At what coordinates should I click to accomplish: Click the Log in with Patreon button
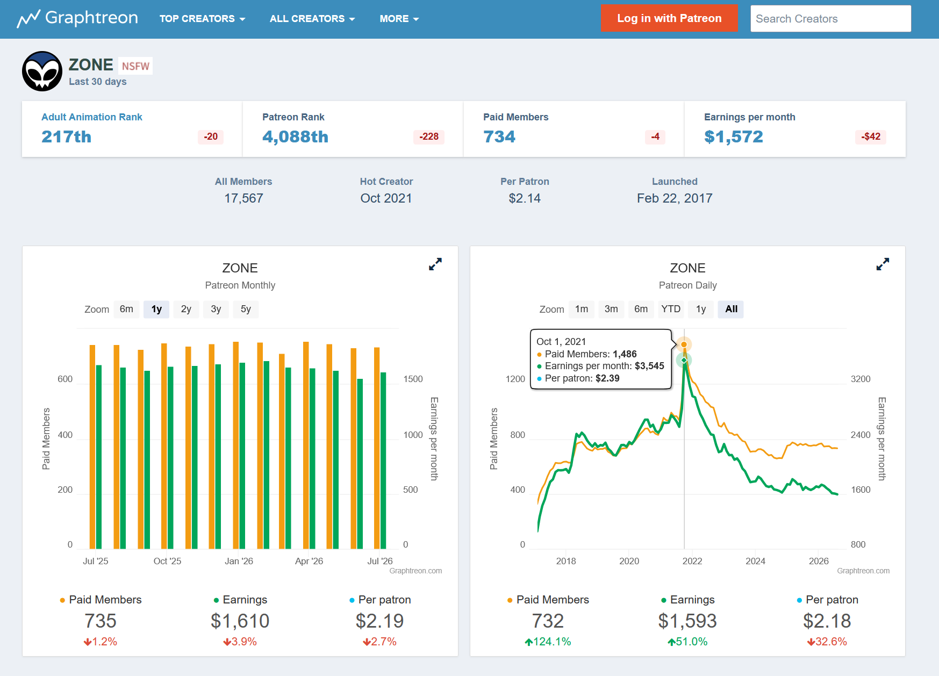coord(669,18)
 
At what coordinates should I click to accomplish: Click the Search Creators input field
coord(830,19)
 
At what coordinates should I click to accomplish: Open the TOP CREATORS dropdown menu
coord(202,19)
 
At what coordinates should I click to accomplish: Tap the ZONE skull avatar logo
coord(42,71)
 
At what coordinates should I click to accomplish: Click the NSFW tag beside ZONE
coord(135,66)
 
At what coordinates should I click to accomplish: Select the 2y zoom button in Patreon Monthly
coord(186,309)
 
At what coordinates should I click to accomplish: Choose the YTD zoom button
coord(671,309)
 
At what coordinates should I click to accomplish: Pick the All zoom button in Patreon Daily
coord(731,309)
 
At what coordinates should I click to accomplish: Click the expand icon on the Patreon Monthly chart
coord(435,264)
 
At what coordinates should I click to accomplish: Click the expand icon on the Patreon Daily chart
coord(883,264)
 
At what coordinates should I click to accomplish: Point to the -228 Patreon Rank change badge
coord(429,136)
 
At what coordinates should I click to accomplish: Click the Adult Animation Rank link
coord(92,117)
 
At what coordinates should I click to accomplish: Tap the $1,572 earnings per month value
coord(734,137)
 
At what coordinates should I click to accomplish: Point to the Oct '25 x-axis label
coord(167,561)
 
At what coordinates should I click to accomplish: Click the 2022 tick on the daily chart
coord(692,561)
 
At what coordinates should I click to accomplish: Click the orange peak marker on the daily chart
coord(684,344)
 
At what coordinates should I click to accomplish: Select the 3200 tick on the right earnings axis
coord(861,379)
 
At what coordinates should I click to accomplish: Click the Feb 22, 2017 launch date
coord(675,198)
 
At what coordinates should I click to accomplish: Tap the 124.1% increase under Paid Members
coord(548,642)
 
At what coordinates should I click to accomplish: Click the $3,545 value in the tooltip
coord(649,366)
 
